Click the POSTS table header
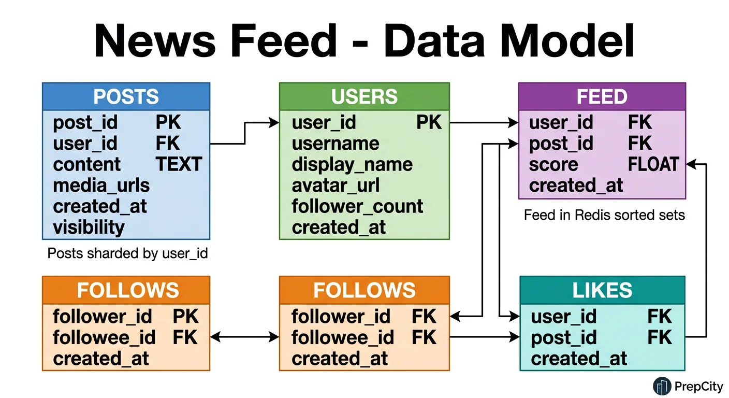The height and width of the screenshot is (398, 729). (126, 96)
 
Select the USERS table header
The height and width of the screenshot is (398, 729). (364, 96)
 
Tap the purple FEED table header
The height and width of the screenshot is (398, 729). (602, 96)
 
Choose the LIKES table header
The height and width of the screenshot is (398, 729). (602, 290)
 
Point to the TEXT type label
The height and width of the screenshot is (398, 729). (179, 164)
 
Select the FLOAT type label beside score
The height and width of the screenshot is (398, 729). (653, 164)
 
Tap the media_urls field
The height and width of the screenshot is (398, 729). (101, 185)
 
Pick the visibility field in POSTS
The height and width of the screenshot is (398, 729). (89, 227)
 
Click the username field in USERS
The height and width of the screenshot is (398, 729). (335, 144)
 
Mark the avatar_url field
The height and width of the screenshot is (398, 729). (335, 185)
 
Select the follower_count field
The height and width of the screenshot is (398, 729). (357, 206)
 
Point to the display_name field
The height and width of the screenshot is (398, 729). (352, 164)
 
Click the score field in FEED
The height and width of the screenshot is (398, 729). (553, 164)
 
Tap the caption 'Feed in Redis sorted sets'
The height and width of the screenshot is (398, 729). (604, 215)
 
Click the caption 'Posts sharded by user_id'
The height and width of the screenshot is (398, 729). (127, 253)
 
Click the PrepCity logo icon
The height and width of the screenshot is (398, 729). (661, 386)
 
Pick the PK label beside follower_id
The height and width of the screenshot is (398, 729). (185, 316)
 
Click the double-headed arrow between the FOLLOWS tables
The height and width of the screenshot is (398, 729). (244, 337)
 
